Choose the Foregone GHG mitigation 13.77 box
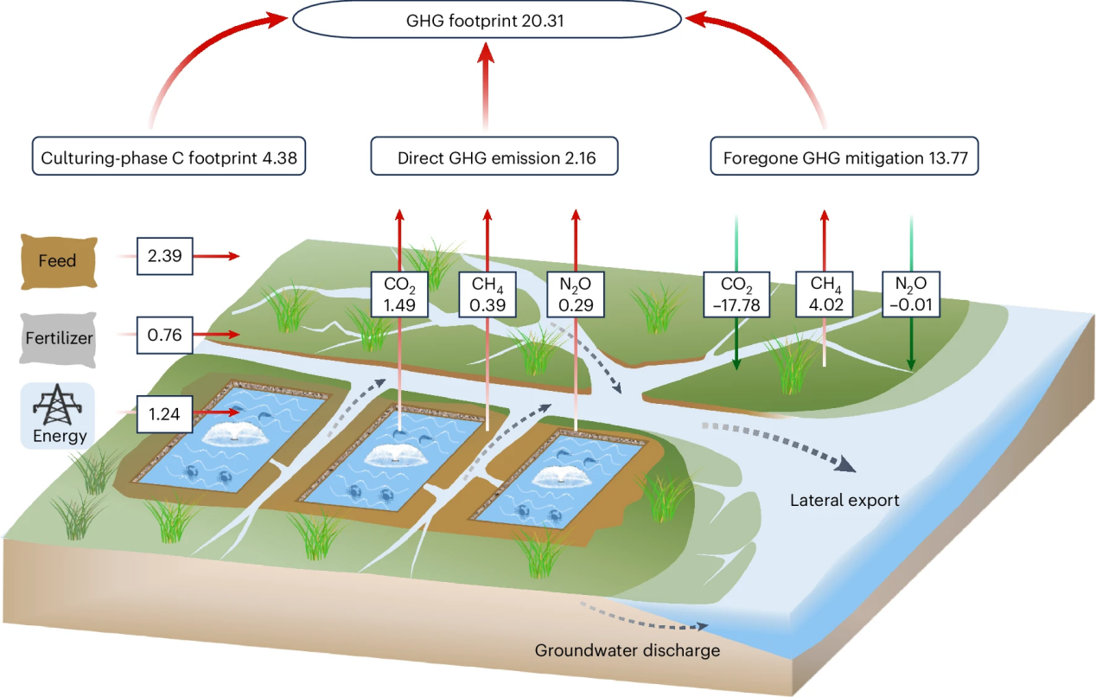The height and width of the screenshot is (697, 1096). click(x=844, y=159)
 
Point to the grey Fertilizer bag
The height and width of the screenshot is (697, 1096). click(x=57, y=336)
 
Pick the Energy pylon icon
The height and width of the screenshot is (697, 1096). click(x=57, y=406)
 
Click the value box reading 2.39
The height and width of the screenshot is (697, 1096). click(x=164, y=256)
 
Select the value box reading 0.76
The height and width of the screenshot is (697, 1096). click(x=164, y=335)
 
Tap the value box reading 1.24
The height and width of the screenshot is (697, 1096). click(x=164, y=413)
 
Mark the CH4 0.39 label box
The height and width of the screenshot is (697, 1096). click(x=487, y=295)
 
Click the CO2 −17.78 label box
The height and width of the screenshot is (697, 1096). click(x=736, y=295)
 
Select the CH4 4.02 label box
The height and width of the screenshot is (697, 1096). click(x=825, y=295)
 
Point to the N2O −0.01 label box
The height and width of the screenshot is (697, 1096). click(x=911, y=295)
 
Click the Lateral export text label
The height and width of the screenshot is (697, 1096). click(x=844, y=500)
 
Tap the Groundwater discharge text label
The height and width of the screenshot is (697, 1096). click(x=627, y=650)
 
